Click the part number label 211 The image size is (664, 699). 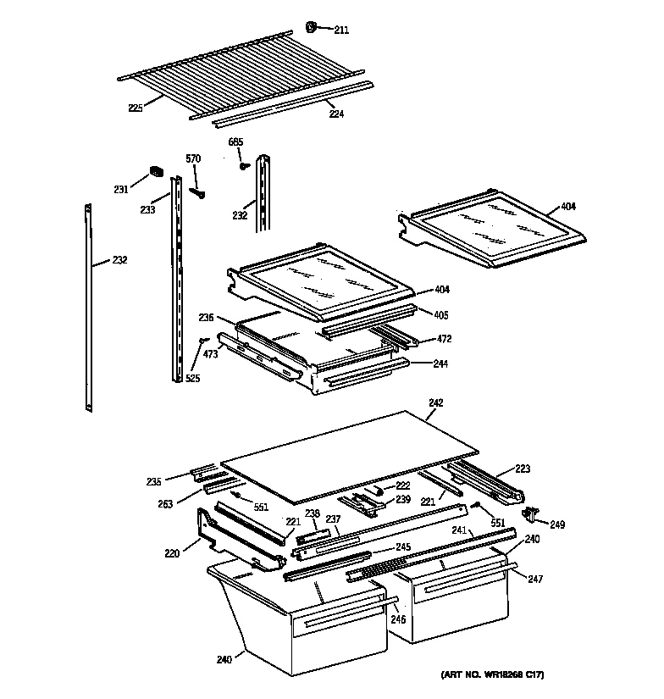pos(340,31)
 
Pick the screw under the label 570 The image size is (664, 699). pos(202,191)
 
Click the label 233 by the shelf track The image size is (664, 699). pos(147,210)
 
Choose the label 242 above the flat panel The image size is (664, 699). pos(435,402)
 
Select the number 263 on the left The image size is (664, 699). pos(164,504)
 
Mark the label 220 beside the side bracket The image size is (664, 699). pos(173,555)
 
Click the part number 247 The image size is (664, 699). pos(534,580)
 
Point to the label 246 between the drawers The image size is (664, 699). pos(397,619)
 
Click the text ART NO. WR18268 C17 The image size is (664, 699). pos(492,675)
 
